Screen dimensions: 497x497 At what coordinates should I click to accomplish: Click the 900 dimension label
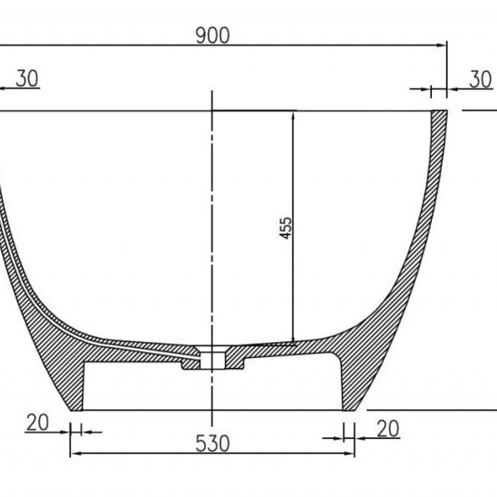pyautogui.click(x=212, y=34)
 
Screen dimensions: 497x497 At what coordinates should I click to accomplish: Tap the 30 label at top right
pyautogui.click(x=480, y=79)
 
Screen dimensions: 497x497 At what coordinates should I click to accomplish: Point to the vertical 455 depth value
pyautogui.click(x=285, y=227)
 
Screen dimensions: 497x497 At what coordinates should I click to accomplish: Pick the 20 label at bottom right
pyautogui.click(x=388, y=429)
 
